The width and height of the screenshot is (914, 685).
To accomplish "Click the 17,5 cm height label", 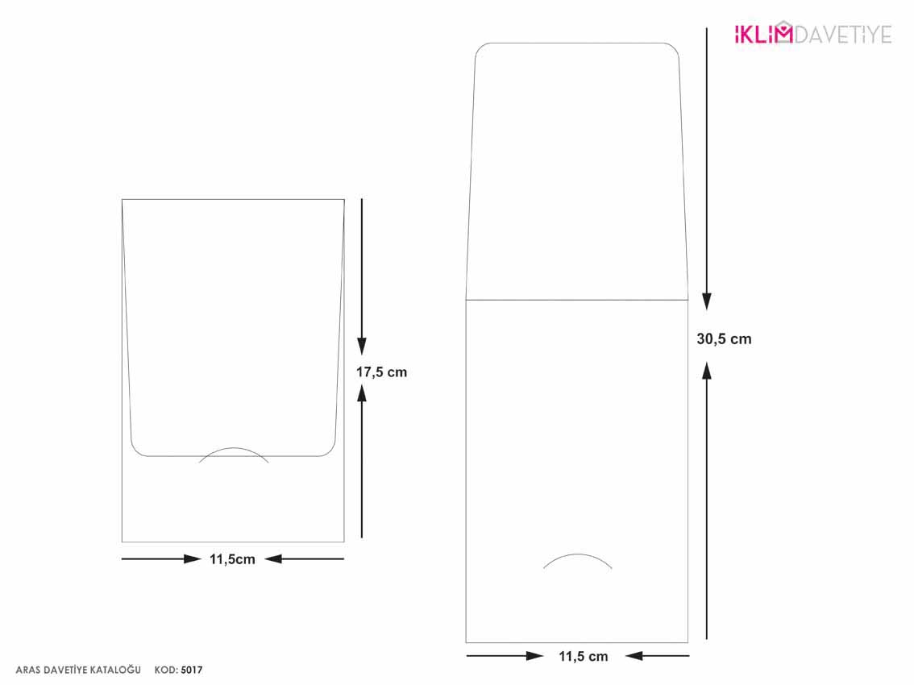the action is coord(381,372).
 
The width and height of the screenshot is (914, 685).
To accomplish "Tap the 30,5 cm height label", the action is coord(724,339).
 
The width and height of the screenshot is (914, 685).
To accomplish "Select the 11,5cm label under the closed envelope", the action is coord(232,559).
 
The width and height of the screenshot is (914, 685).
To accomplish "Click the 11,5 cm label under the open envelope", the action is coord(583,657).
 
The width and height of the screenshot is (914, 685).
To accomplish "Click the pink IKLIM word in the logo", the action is coord(763,34).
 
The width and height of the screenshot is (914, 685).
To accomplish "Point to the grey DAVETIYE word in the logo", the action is coord(843,35).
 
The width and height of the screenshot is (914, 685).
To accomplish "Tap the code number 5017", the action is coord(192,670).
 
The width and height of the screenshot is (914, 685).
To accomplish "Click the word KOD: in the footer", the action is coord(166,670).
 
